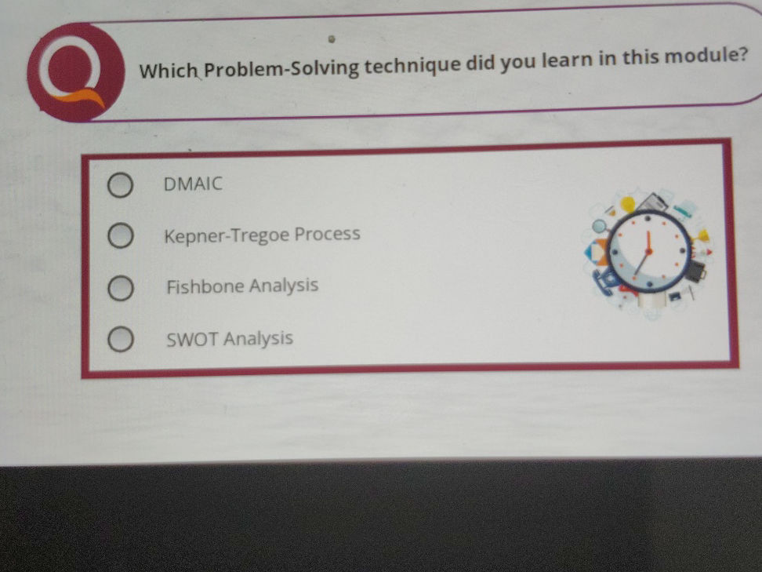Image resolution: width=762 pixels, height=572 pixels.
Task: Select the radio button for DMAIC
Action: (x=119, y=186)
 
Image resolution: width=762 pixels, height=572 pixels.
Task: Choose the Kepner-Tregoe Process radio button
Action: (x=119, y=236)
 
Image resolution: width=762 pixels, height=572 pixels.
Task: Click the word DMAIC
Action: (x=193, y=184)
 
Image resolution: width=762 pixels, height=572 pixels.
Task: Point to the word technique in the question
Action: (x=412, y=64)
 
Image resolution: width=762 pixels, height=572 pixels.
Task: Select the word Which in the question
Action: (x=169, y=71)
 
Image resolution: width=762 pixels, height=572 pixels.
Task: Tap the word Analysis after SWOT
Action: (x=258, y=339)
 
